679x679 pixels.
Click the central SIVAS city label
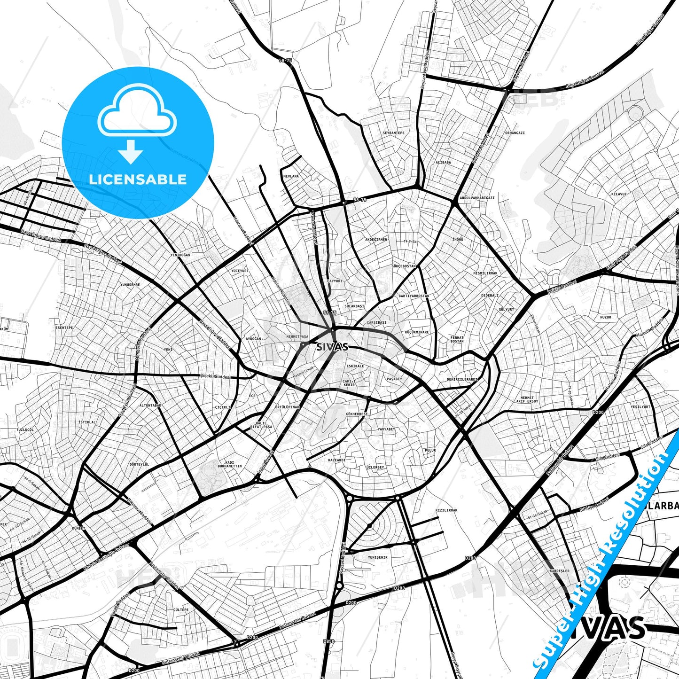332,347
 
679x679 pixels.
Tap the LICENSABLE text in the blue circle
138,179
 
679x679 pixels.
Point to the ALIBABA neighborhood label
443,162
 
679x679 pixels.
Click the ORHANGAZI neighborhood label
515,133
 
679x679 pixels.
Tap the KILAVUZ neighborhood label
619,194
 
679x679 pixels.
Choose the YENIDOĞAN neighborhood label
180,255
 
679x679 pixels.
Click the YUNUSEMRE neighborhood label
130,285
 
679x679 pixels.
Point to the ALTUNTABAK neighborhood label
150,405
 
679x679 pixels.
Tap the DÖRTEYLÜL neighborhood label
139,464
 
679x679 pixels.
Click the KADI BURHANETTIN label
229,464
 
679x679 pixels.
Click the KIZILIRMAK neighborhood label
446,510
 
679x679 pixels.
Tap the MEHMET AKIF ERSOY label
527,400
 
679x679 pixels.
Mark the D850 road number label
329,641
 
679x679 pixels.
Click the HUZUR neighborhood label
606,317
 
